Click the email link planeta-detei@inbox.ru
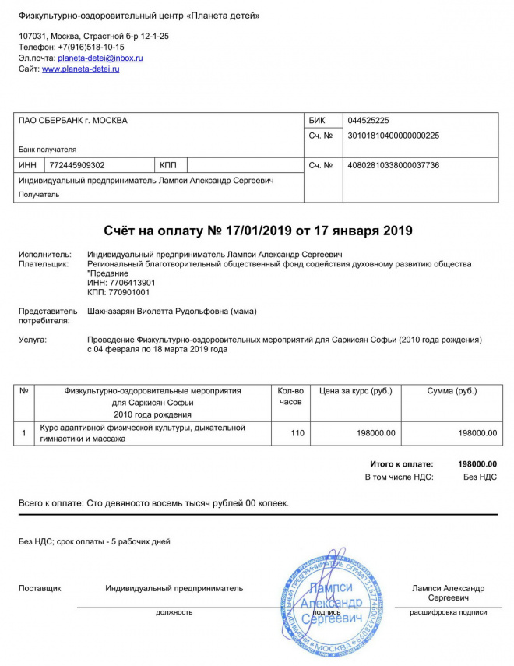(x=100, y=58)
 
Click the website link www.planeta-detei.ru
(x=80, y=69)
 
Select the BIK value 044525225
(x=368, y=121)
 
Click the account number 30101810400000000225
(x=393, y=136)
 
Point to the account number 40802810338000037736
(x=393, y=165)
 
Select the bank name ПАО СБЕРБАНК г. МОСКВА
(x=73, y=121)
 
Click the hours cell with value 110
(x=297, y=433)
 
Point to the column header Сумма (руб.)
(x=452, y=391)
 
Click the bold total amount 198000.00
(x=477, y=464)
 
